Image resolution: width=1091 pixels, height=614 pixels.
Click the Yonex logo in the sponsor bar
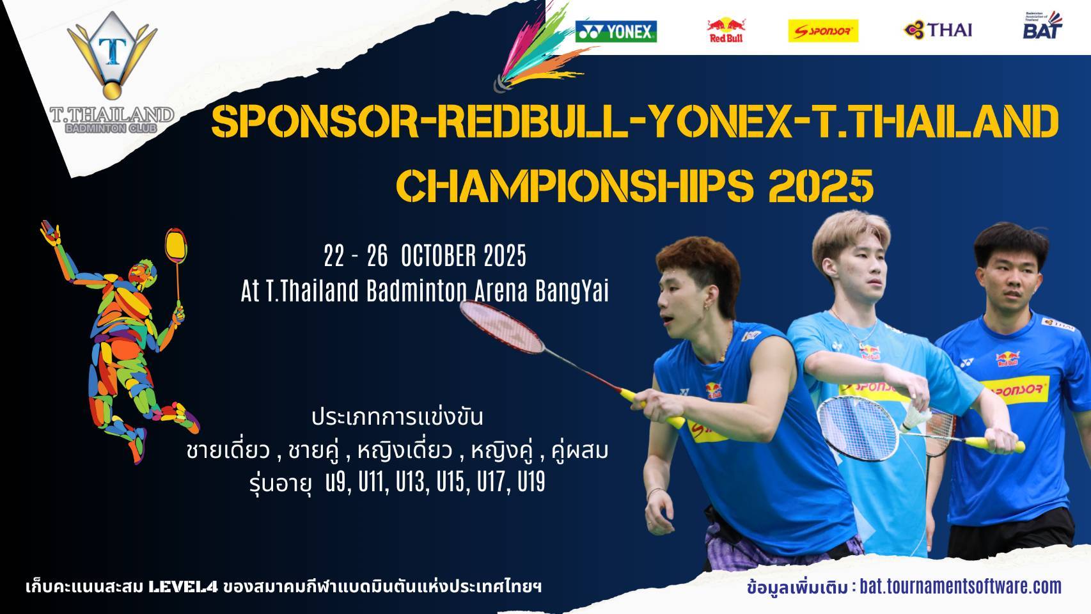[616, 32]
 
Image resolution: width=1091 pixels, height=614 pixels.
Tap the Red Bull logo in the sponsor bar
[726, 30]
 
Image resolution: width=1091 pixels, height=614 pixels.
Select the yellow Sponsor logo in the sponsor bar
[823, 31]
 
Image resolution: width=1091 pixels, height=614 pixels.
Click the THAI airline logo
[938, 29]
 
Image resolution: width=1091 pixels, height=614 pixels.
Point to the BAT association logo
[1042, 26]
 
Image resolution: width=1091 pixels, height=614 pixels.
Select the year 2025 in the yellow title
[821, 185]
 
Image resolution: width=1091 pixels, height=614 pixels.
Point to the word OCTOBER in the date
[437, 256]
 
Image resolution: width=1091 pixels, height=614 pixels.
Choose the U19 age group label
[531, 482]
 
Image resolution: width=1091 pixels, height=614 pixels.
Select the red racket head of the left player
[502, 326]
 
